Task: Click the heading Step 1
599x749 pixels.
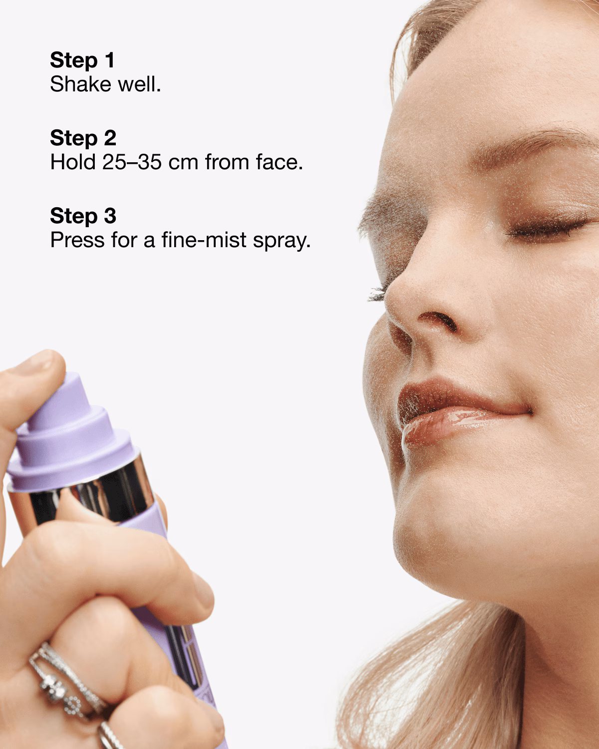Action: point(82,60)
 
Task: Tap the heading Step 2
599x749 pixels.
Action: point(83,138)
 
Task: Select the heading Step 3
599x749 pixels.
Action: point(83,216)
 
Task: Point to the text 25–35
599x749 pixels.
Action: point(132,163)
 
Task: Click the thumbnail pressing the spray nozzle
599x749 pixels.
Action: point(37,362)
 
